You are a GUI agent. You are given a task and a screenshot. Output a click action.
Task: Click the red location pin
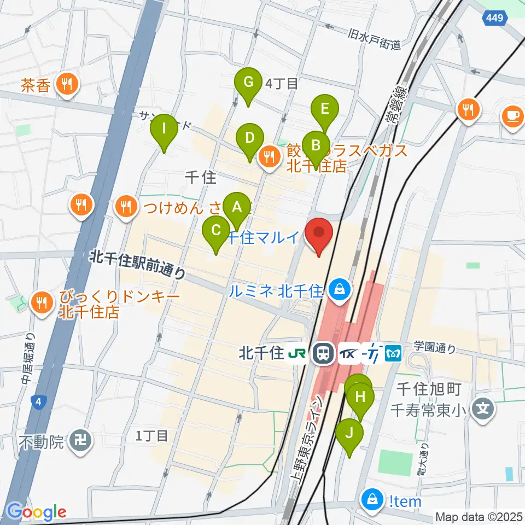[318, 236]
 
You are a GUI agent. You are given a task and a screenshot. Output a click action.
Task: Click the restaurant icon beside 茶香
[68, 84]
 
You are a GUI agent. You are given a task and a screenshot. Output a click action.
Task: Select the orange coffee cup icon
[512, 116]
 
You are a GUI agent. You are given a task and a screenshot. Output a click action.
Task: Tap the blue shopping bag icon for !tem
[372, 499]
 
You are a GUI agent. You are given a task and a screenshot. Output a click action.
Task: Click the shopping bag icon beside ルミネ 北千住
[340, 288]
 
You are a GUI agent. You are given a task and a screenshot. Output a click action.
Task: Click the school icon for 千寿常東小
[483, 407]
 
